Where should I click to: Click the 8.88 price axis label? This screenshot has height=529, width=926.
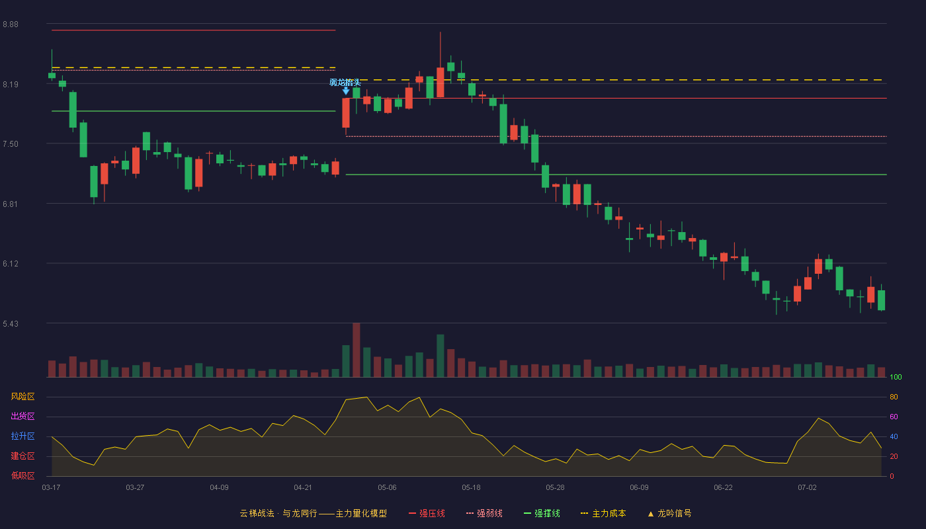coord(11,24)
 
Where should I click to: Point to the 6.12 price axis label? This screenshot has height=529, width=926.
coord(11,264)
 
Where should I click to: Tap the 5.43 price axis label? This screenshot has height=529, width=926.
coord(11,323)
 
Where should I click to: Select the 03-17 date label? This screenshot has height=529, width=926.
coord(51,488)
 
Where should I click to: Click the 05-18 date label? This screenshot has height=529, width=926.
coord(471,488)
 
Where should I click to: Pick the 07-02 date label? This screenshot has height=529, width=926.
coord(807,488)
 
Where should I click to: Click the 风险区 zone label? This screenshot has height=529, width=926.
coord(22,397)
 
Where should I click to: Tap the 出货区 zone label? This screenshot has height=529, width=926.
coord(22,416)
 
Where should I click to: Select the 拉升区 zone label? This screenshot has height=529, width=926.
coord(22,436)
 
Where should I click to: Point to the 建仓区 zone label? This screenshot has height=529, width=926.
coord(22,456)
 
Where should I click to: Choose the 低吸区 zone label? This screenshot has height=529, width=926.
coord(22,475)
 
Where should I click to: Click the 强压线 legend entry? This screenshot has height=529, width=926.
coord(427,513)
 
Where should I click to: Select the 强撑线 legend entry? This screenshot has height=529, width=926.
coord(542,513)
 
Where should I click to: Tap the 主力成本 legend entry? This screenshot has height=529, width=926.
coord(603,513)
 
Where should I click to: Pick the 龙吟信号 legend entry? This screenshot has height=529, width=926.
coord(669,513)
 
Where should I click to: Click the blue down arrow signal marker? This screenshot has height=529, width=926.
coord(346,91)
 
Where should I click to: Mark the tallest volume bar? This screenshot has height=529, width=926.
coord(357,350)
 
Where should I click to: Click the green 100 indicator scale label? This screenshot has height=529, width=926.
coord(896,377)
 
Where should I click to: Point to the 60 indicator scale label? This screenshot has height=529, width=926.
coord(894,417)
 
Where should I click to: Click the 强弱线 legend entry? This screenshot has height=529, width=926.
coord(484,513)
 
